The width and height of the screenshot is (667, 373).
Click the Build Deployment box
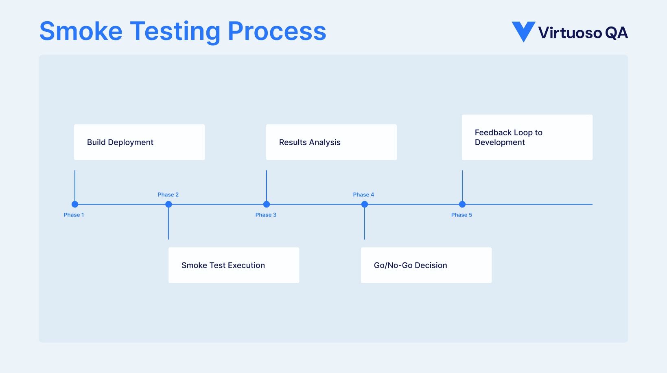coord(139,142)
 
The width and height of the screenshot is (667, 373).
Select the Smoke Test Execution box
coord(234,265)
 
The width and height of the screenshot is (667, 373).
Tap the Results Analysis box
coord(331,142)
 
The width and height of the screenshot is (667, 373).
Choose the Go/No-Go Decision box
coord(426,265)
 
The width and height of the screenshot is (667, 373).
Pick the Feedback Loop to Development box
coord(527,137)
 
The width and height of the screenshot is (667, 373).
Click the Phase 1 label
coord(74,215)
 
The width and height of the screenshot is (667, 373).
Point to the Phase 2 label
coord(168,195)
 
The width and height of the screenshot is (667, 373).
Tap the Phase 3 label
coord(266,215)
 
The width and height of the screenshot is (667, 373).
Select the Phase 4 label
coord(363,195)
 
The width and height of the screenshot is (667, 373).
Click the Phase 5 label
coord(461,215)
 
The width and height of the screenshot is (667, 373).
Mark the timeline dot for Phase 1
coord(75,204)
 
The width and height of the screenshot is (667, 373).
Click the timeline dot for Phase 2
coord(168,204)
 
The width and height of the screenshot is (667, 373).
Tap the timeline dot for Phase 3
coord(267,204)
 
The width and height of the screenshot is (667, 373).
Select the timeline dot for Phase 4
coord(365,204)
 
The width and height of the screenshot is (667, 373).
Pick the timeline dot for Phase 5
coord(462,204)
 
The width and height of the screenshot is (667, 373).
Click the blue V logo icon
coord(523,31)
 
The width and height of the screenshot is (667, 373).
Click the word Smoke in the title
coord(81,31)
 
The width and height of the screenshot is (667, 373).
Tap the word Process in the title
coord(277,31)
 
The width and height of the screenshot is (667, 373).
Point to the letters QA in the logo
coord(616,33)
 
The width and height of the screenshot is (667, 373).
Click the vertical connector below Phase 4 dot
coord(365,224)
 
